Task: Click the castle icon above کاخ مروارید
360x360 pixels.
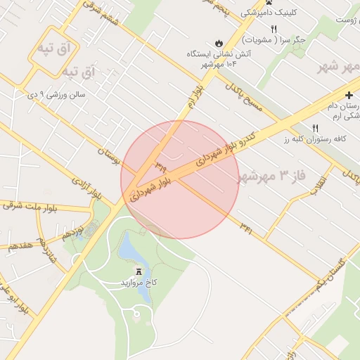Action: (x=138, y=270)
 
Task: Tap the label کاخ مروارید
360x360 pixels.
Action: (x=139, y=282)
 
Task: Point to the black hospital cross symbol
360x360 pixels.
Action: (x=349, y=94)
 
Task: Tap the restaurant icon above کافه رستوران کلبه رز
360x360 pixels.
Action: (x=315, y=128)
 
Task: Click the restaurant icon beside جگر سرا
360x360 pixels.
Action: (x=274, y=29)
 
